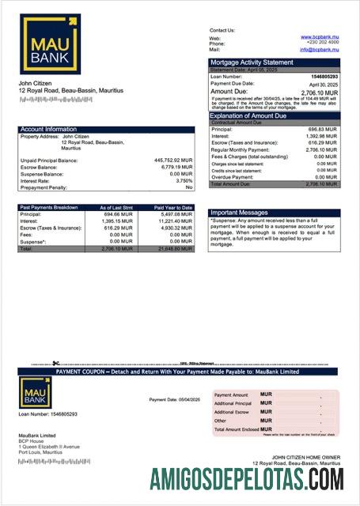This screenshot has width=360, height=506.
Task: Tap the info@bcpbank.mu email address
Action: (x=318, y=49)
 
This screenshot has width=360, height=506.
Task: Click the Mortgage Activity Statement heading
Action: (x=251, y=62)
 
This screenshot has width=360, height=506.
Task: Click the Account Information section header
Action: (x=49, y=129)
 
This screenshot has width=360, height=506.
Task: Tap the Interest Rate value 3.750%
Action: (x=179, y=180)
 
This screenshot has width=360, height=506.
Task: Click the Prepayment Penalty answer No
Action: (x=189, y=187)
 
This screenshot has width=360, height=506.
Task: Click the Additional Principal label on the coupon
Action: (x=233, y=403)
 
